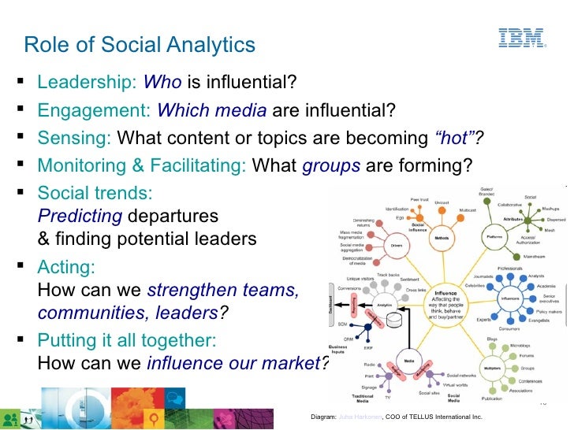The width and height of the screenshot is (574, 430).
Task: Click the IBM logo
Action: coord(521,39)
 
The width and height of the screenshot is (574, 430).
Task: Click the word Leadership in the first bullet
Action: coord(87,82)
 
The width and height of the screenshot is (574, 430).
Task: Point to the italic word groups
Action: coord(331,165)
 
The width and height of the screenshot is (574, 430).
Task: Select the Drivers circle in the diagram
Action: coord(396,245)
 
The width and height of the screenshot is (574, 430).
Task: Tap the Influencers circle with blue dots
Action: coord(509,300)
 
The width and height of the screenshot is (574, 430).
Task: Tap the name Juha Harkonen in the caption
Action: coord(359,415)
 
